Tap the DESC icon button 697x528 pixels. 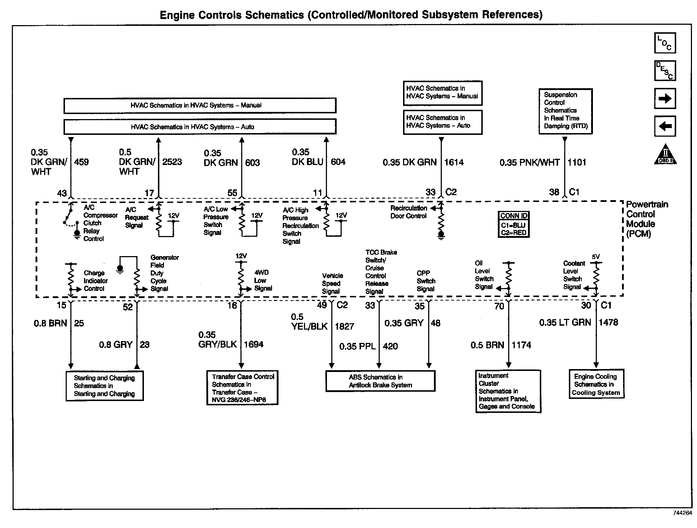point(665,71)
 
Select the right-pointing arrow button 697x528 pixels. point(665,98)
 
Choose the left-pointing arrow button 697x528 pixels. point(665,126)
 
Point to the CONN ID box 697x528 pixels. point(514,224)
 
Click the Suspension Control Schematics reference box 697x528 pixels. point(565,111)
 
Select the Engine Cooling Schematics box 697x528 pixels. point(596,384)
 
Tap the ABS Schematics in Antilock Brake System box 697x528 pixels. point(380,381)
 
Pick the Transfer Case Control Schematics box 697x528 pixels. point(242,388)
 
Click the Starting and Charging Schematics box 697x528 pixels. point(104,386)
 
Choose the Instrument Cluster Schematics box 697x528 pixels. point(508,391)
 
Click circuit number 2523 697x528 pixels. point(172,162)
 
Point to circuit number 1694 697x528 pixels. point(253,345)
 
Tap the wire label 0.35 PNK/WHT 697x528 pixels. point(529,163)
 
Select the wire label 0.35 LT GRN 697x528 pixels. point(565,322)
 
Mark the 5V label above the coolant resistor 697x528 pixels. point(595,257)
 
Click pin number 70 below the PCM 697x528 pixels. point(499,306)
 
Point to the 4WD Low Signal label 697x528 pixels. point(263,280)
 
